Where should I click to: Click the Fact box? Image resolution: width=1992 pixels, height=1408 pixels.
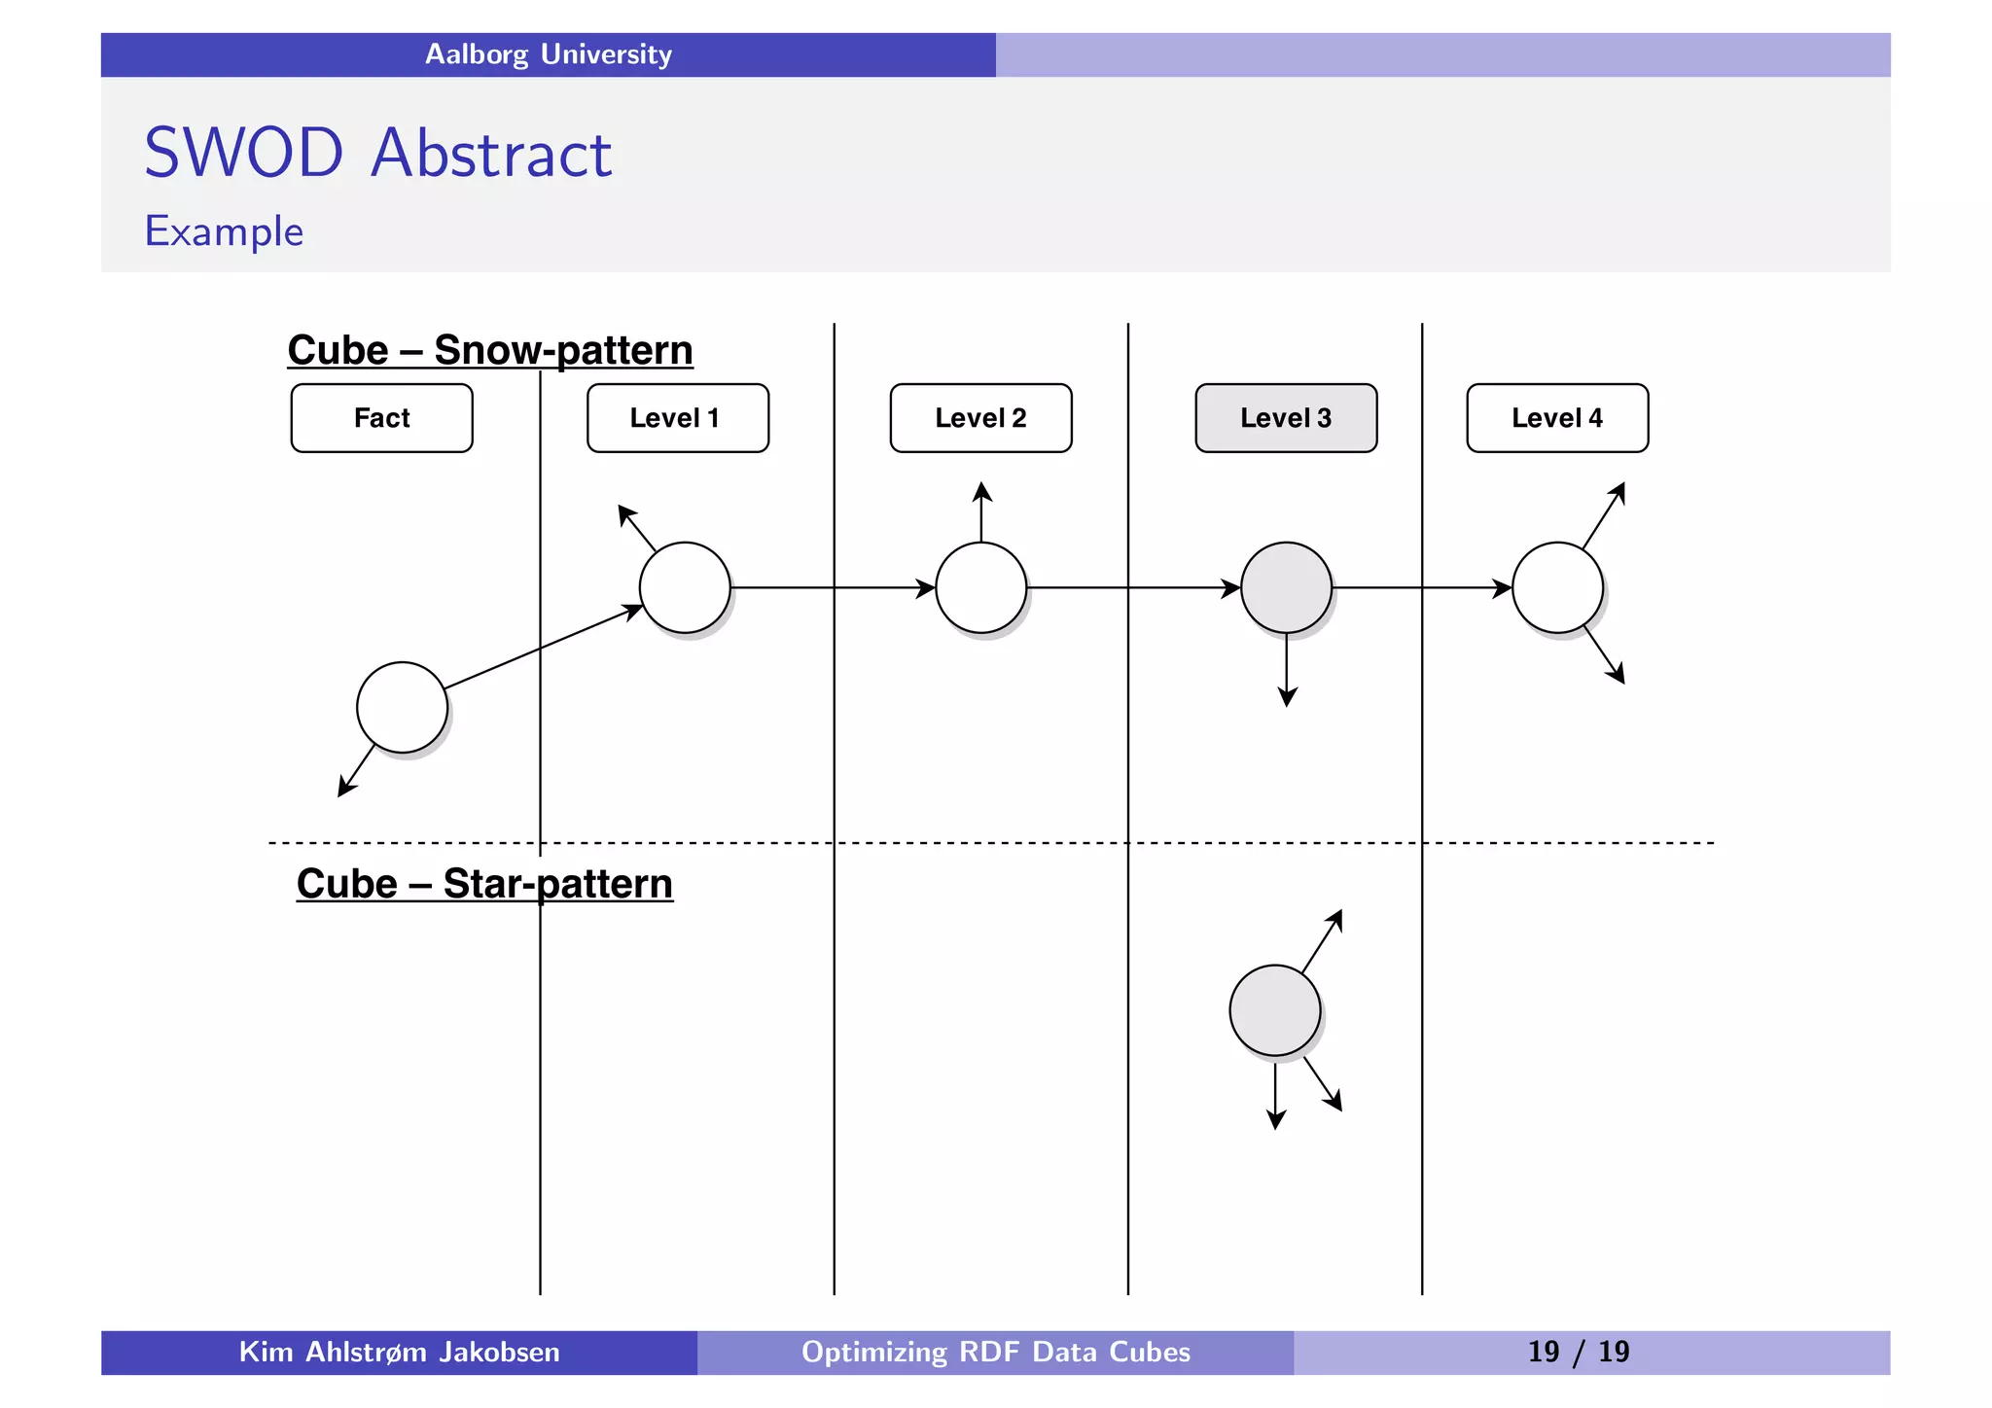click(x=381, y=418)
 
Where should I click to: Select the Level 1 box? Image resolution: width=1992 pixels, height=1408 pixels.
click(x=677, y=418)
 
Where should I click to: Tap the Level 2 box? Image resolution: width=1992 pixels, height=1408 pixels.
click(x=980, y=418)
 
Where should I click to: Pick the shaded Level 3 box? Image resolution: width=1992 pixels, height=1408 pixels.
click(x=1286, y=418)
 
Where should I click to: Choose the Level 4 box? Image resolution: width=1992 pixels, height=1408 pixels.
click(x=1557, y=418)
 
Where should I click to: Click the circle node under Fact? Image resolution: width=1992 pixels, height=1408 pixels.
click(x=402, y=707)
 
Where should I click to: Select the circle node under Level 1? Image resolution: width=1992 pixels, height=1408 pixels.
click(x=685, y=587)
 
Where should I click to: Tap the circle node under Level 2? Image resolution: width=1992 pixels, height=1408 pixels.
click(x=980, y=587)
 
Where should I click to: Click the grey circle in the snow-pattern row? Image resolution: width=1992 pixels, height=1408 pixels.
click(x=1286, y=587)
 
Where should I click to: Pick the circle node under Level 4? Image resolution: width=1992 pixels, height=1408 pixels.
click(x=1557, y=587)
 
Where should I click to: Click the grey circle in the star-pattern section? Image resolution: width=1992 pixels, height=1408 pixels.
click(x=1274, y=1010)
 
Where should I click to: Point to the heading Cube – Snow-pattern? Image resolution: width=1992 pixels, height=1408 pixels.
click(x=490, y=350)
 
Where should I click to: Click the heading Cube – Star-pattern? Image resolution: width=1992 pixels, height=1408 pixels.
click(x=484, y=884)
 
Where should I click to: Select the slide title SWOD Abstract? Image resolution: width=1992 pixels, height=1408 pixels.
click(x=377, y=154)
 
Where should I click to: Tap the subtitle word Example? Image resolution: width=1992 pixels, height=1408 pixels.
click(x=224, y=231)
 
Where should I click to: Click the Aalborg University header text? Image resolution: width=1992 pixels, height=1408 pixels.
click(x=549, y=54)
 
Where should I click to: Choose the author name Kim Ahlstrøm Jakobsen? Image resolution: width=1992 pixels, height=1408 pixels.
click(x=399, y=1352)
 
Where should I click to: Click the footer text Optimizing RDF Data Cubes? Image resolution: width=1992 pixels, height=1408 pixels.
click(x=995, y=1352)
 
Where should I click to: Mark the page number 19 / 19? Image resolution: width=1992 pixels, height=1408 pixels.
click(x=1578, y=1352)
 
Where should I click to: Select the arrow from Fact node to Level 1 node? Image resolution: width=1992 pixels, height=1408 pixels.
click(x=541, y=649)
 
